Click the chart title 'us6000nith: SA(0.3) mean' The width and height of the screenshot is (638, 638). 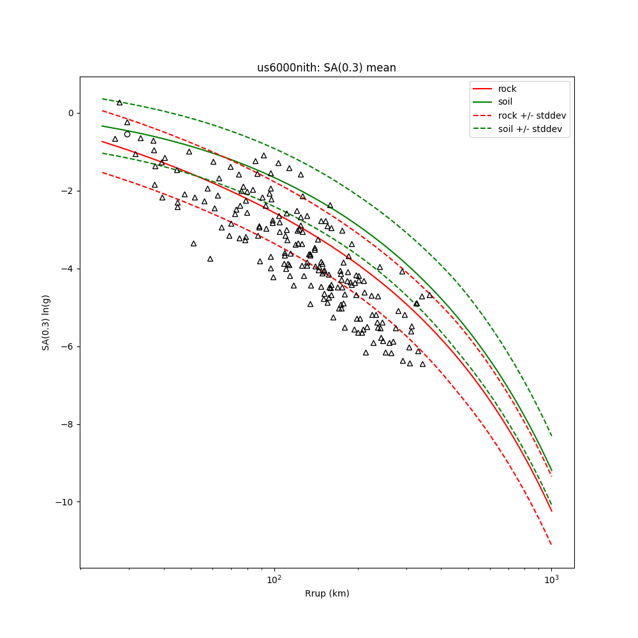[x=326, y=68]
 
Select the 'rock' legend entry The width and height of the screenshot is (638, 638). [x=507, y=89]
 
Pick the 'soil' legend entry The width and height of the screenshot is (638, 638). [x=505, y=101]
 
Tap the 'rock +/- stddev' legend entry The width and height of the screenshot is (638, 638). [x=531, y=115]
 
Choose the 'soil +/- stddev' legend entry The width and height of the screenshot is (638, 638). [x=531, y=128]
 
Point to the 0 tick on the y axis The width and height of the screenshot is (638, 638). [x=70, y=114]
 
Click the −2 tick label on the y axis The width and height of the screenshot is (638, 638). [x=68, y=191]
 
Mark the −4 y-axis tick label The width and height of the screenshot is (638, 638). [x=68, y=269]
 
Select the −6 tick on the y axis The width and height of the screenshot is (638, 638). [x=68, y=347]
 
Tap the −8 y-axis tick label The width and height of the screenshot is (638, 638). [x=68, y=425]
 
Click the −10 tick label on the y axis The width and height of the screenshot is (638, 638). [x=65, y=503]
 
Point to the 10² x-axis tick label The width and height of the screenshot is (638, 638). [x=274, y=579]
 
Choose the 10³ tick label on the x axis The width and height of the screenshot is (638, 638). [x=551, y=579]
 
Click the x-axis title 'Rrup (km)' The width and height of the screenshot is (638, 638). [x=327, y=593]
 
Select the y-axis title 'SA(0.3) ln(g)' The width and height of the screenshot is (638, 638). [x=46, y=322]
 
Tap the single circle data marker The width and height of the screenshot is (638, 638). [x=127, y=134]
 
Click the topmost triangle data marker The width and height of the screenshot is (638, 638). [x=119, y=102]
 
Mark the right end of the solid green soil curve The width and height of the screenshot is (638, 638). [x=551, y=471]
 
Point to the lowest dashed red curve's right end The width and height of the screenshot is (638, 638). [x=551, y=544]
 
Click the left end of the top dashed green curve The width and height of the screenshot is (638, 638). [x=102, y=99]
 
